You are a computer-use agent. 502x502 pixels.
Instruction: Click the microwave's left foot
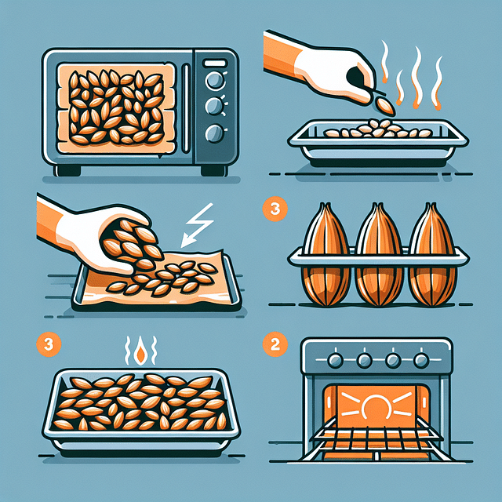[x=68, y=170]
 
